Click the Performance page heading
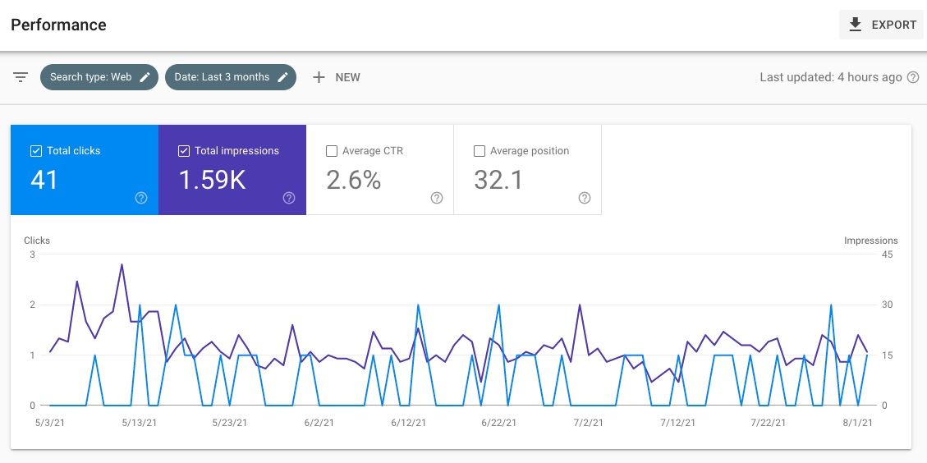[x=58, y=25]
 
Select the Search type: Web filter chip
[x=99, y=77]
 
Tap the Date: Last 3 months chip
[x=230, y=77]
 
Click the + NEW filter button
[x=337, y=77]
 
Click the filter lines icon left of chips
[x=21, y=77]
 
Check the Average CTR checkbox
[x=332, y=151]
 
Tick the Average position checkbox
[x=480, y=151]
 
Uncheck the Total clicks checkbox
[x=36, y=151]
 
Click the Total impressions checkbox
[x=184, y=151]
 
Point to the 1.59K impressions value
[x=212, y=180]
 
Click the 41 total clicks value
[x=44, y=180]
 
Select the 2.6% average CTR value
[x=354, y=180]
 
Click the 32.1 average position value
[x=498, y=180]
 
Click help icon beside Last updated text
[x=912, y=77]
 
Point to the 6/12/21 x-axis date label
[x=408, y=423]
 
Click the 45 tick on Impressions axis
[x=887, y=254]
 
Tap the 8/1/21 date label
[x=856, y=423]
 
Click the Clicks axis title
[x=37, y=241]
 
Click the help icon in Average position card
[x=585, y=198]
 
